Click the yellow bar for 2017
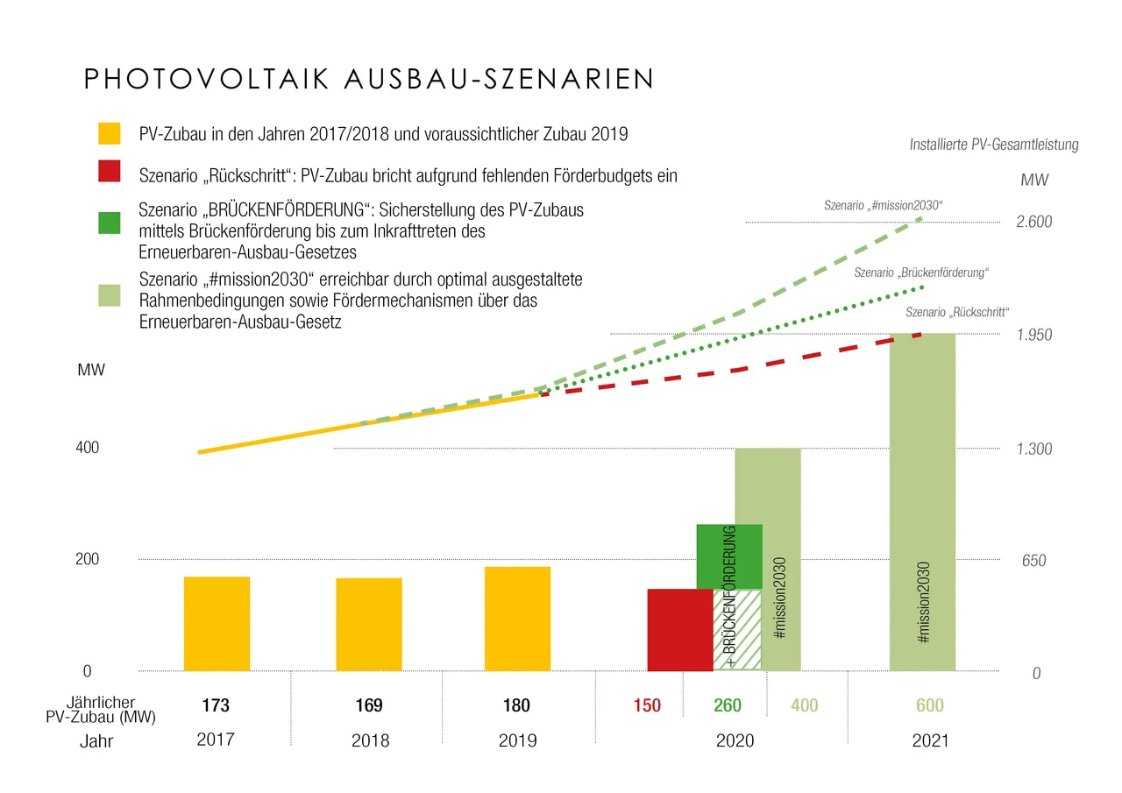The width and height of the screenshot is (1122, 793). point(217,624)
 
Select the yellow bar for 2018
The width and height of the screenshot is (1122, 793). point(368,625)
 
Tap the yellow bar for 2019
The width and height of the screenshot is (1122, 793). point(517,619)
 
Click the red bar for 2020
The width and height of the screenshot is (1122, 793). point(679,630)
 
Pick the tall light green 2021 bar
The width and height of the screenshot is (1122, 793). point(921,502)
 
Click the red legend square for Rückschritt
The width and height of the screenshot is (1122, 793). point(110,173)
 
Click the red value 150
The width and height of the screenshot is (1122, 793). point(647,706)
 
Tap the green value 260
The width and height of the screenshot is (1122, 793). point(728,706)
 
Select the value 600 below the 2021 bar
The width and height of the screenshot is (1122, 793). point(930,706)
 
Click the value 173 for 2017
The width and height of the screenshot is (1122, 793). point(216,706)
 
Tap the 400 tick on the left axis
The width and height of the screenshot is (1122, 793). point(89,448)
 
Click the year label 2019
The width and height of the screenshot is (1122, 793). point(517,740)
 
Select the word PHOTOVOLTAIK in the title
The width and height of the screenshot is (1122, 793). point(206,79)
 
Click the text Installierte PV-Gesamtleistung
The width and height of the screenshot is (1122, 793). point(994,145)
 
